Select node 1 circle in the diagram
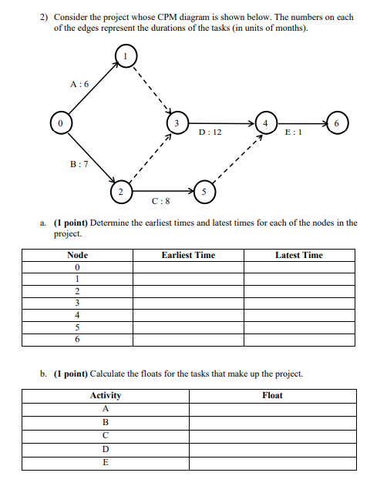(x=126, y=56)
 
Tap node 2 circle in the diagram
(x=119, y=189)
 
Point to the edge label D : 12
(x=210, y=132)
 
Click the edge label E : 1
(x=294, y=132)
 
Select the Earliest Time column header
(x=188, y=255)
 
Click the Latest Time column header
(x=299, y=255)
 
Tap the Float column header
(x=272, y=395)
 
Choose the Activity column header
(x=106, y=395)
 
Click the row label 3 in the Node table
(x=78, y=303)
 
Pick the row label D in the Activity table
(x=106, y=448)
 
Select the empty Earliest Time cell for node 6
(x=188, y=338)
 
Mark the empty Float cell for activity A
(x=272, y=409)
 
